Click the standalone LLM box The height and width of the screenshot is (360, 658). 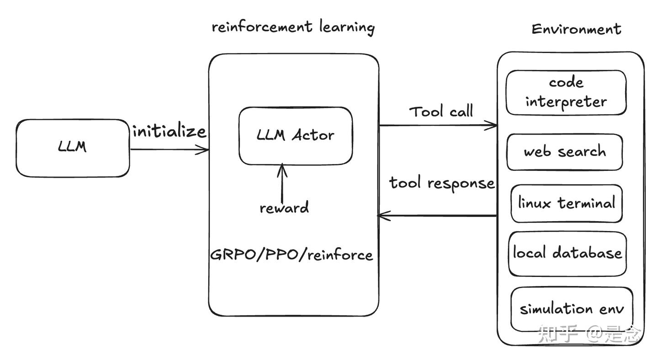73,148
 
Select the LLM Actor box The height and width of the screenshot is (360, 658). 296,136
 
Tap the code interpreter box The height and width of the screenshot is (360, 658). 566,92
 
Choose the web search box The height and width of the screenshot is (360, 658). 565,152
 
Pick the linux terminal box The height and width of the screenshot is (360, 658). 567,203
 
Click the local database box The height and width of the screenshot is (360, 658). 568,254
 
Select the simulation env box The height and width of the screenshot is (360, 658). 572,309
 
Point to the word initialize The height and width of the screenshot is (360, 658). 169,131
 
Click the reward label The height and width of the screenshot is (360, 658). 284,207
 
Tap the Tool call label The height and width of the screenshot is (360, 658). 441,111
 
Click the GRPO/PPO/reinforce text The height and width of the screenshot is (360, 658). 292,254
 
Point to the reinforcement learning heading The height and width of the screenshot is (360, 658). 293,27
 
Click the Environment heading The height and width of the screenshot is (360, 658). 576,29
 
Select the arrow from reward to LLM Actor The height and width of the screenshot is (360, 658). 282,183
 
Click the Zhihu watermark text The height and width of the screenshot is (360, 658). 589,334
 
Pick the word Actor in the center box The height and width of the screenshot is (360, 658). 313,135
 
